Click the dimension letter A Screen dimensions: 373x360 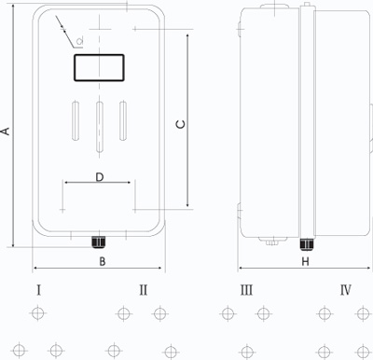click(x=6, y=132)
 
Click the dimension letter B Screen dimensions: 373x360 click(x=103, y=261)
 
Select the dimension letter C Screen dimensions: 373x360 click(x=181, y=124)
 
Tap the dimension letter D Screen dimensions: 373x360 click(x=100, y=177)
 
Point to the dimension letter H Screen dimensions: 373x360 click(x=306, y=261)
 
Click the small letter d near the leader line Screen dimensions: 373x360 click(x=80, y=40)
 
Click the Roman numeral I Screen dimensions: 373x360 click(x=38, y=290)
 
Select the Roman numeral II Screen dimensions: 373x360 click(x=144, y=290)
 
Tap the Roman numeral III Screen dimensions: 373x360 click(x=246, y=290)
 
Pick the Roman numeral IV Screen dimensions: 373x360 click(x=346, y=290)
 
